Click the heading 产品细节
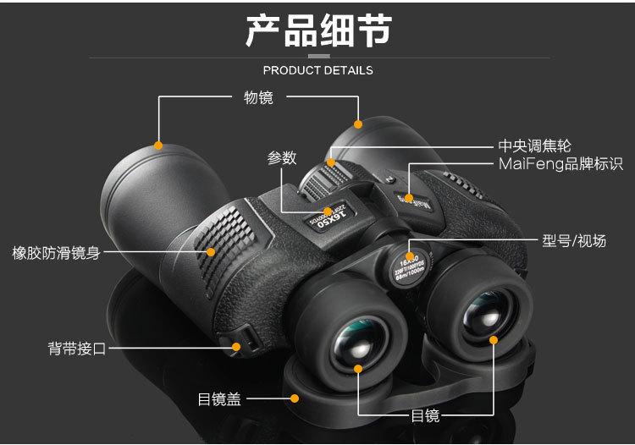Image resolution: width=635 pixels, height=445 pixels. tap(317, 31)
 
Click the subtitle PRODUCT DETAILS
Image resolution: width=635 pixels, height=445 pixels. tap(317, 70)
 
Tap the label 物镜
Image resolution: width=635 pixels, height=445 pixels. tap(258, 97)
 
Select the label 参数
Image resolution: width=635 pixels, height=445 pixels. tap(282, 157)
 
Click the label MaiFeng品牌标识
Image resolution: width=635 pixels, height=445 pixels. tap(560, 164)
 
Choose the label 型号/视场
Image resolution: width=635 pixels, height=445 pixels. tap(574, 241)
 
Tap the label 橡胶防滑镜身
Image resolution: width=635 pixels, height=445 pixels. tap(56, 252)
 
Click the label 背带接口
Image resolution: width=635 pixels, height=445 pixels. tap(77, 348)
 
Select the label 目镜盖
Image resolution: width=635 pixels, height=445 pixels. tap(219, 398)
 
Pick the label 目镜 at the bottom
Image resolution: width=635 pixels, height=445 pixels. tap(425, 415)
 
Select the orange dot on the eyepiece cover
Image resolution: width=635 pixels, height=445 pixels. tap(295, 398)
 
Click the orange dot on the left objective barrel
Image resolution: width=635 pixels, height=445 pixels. tap(158, 145)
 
